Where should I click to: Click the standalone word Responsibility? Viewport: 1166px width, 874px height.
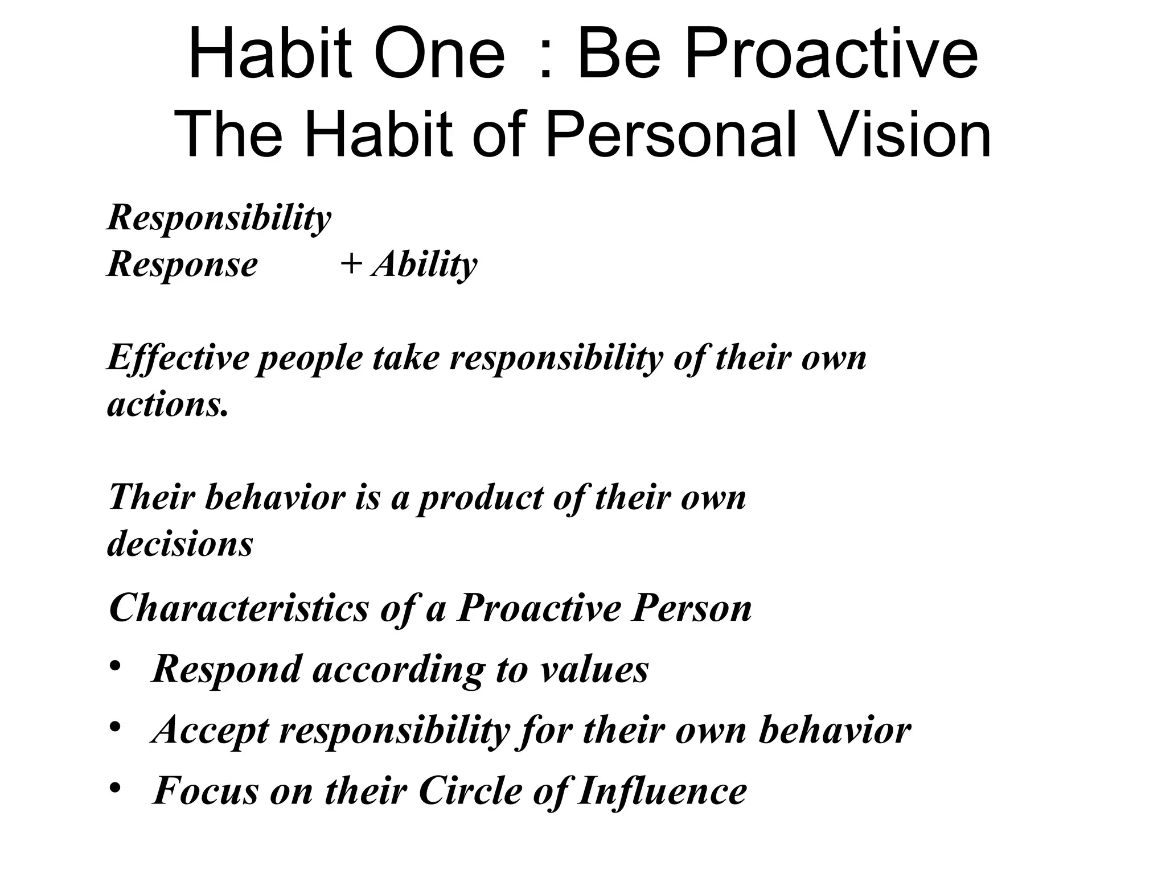point(219,218)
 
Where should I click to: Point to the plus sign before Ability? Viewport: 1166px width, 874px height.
point(351,264)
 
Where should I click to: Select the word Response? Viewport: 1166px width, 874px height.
point(182,265)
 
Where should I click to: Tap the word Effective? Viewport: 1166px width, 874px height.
point(178,358)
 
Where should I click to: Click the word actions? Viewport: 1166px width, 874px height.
point(168,405)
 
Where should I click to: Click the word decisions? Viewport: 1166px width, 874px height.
point(180,544)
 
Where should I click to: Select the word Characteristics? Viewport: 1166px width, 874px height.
point(239,608)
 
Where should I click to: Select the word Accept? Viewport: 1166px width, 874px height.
point(211,731)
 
